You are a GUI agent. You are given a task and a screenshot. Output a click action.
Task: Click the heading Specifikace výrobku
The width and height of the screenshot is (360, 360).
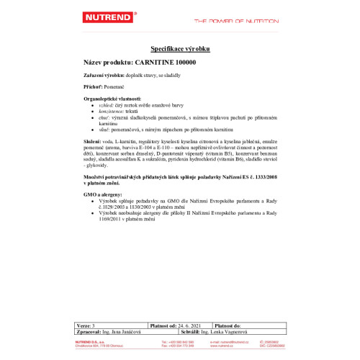(179, 49)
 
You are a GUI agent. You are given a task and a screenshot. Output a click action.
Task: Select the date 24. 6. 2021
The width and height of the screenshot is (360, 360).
(188, 326)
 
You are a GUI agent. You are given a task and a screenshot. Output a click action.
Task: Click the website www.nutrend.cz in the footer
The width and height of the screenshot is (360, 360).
(220, 343)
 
